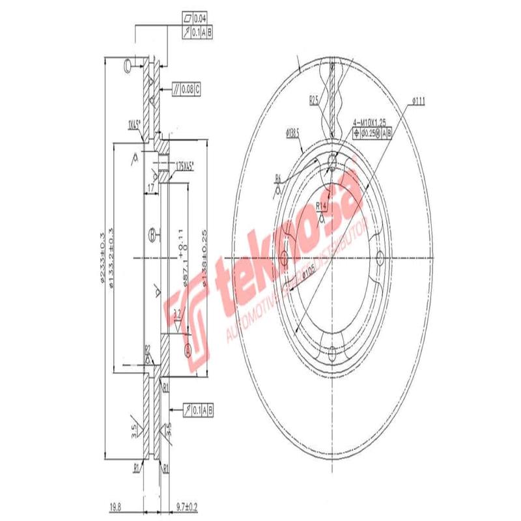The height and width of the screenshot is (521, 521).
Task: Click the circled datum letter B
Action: pos(152,233)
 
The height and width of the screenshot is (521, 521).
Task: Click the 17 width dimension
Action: pos(151,188)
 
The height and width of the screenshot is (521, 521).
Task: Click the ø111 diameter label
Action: pos(418,100)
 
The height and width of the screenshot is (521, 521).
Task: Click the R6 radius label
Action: pos(277,177)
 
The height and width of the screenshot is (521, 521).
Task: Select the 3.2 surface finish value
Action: pos(176,315)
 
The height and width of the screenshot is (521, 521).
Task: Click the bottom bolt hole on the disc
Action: pos(332,354)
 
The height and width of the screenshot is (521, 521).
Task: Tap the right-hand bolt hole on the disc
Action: pos(380,257)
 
